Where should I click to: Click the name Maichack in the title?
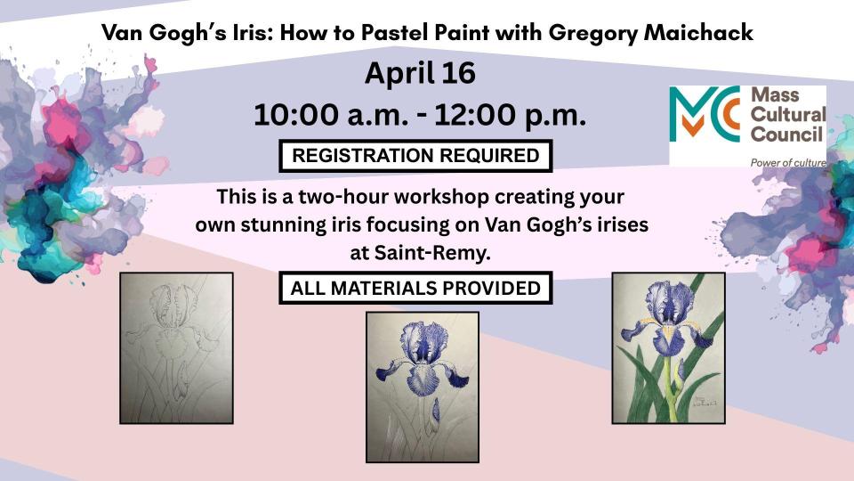(x=698, y=33)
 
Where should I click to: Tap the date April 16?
(x=420, y=74)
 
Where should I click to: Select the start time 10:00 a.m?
(x=332, y=115)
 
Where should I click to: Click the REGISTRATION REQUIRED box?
(x=415, y=156)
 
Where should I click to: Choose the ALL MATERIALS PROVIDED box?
(x=415, y=288)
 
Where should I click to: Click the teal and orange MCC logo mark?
(x=705, y=113)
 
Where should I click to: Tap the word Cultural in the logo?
(x=788, y=115)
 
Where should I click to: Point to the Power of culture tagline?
(x=788, y=162)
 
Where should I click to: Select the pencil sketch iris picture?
(x=176, y=348)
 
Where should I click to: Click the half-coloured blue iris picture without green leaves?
(x=423, y=387)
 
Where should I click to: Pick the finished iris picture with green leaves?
(x=669, y=348)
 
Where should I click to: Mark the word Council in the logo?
(x=786, y=135)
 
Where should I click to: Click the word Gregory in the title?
(x=592, y=33)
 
